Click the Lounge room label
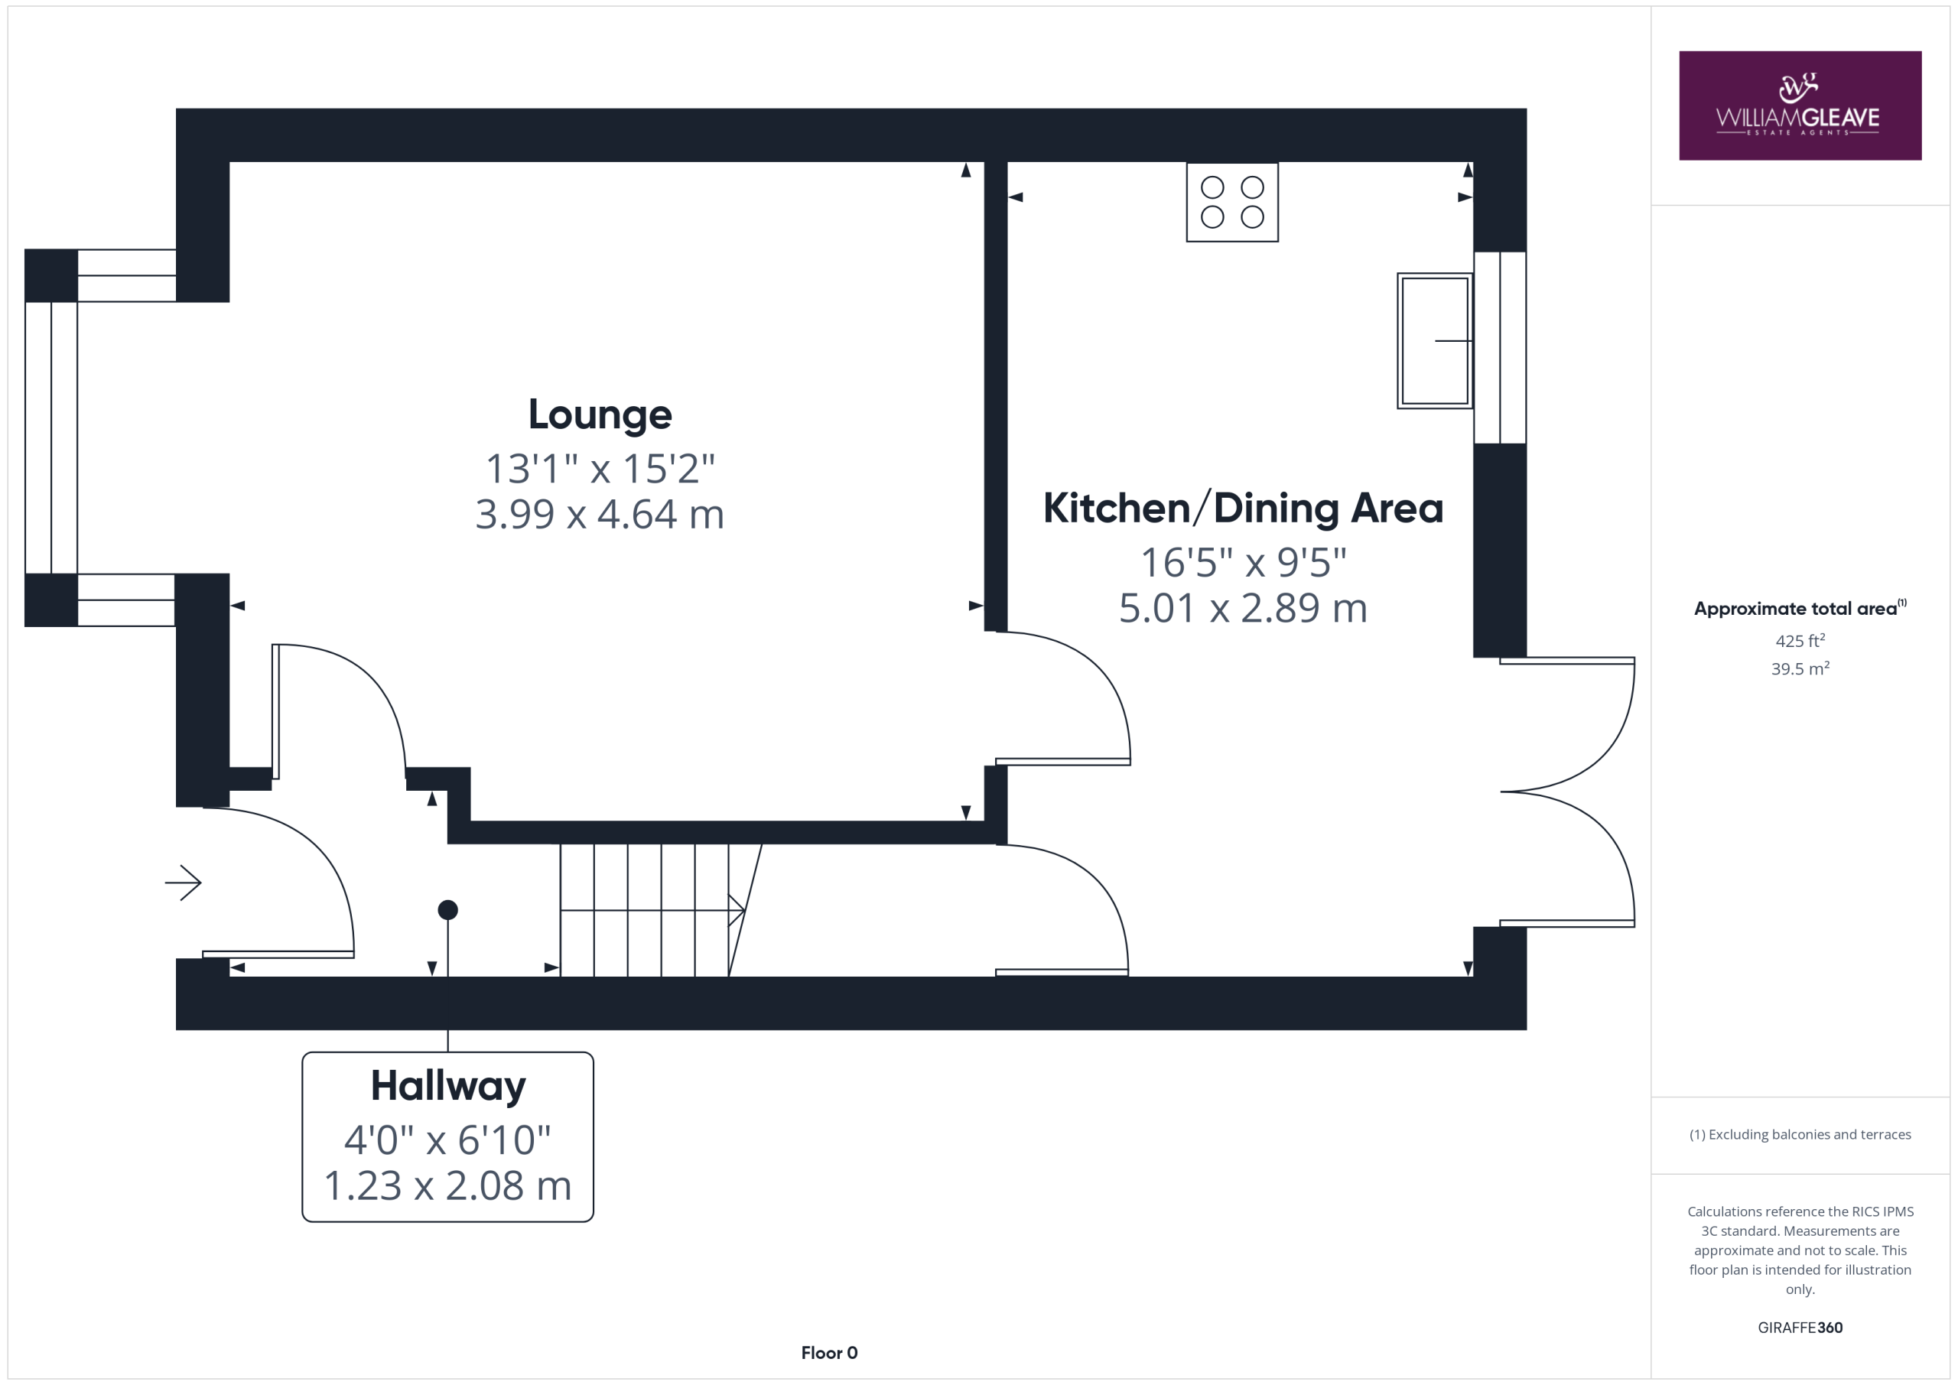(x=600, y=415)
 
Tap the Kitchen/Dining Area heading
(x=1243, y=509)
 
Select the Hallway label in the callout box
(x=447, y=1087)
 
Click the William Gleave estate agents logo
(x=1800, y=106)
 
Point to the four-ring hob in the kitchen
(x=1232, y=202)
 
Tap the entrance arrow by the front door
(x=184, y=883)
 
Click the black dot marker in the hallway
(x=447, y=910)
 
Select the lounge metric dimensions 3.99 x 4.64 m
(x=600, y=514)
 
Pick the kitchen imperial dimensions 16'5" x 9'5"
(x=1244, y=563)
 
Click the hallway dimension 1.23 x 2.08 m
(x=447, y=1186)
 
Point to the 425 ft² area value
(x=1800, y=640)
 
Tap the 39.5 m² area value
(x=1800, y=668)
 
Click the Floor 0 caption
(x=829, y=1353)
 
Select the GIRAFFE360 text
(x=1800, y=1327)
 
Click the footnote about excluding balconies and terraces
(x=1800, y=1134)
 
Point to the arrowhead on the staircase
(x=737, y=910)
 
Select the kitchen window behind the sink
(x=1500, y=348)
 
